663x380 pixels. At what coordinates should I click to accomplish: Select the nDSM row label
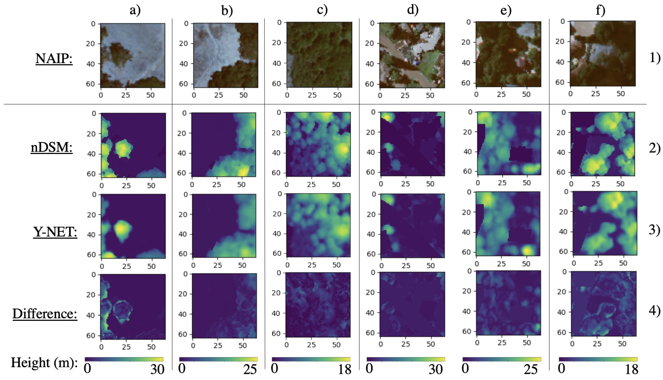click(x=51, y=148)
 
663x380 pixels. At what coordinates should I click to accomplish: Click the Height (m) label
click(x=44, y=363)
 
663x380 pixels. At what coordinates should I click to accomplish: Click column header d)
click(x=413, y=10)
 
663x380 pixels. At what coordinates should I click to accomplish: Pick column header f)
click(x=600, y=10)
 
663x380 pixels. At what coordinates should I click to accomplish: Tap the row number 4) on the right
click(x=655, y=311)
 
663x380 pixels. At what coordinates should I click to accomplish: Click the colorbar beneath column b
click(x=218, y=359)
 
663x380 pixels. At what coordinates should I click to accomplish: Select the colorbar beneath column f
click(x=598, y=359)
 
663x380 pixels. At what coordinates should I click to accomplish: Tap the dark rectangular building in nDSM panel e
click(x=521, y=154)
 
